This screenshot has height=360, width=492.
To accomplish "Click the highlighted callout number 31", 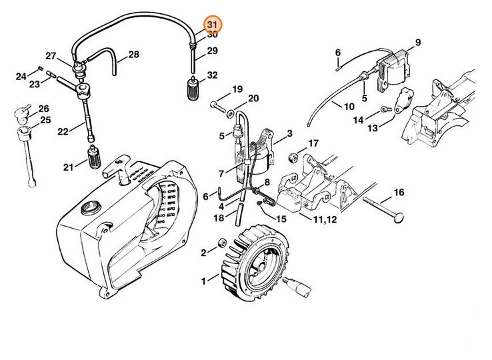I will tap(212, 23).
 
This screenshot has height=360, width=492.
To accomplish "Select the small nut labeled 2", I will tap(221, 241).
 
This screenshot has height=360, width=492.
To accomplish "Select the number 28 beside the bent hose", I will tap(133, 55).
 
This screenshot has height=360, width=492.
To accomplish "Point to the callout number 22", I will tap(63, 132).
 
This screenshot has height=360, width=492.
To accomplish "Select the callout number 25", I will tap(45, 120).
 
